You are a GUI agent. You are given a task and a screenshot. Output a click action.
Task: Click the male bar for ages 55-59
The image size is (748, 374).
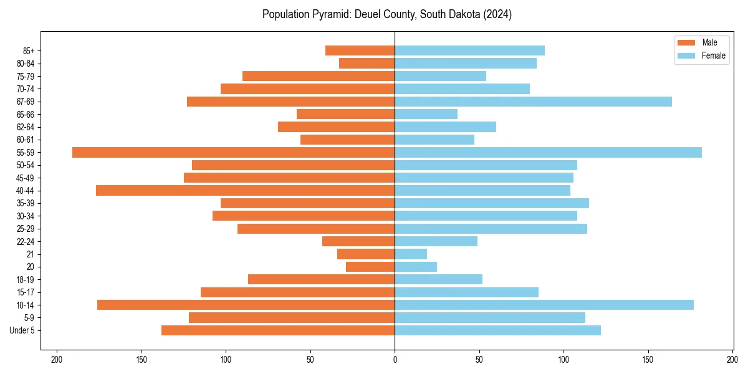pos(233,152)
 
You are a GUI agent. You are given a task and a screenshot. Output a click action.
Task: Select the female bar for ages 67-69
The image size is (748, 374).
pos(533,102)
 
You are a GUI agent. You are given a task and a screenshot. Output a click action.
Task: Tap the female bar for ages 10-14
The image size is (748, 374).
pos(544,305)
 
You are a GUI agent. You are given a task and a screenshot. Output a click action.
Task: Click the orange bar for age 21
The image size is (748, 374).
pos(366,254)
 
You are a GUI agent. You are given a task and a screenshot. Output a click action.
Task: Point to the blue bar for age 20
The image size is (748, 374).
pos(416,267)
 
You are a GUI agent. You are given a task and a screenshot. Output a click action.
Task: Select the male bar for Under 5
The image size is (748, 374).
pos(278,330)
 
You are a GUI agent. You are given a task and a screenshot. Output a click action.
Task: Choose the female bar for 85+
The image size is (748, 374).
pos(469,50)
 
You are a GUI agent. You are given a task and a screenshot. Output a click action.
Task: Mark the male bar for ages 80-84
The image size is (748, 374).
pos(367,63)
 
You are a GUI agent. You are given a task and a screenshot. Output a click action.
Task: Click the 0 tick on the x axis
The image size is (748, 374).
pos(395,360)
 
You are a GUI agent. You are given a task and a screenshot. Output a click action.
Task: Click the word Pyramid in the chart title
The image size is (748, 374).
pos(330,14)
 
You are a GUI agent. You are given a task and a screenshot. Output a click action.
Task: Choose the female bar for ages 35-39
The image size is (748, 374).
pos(492,203)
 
